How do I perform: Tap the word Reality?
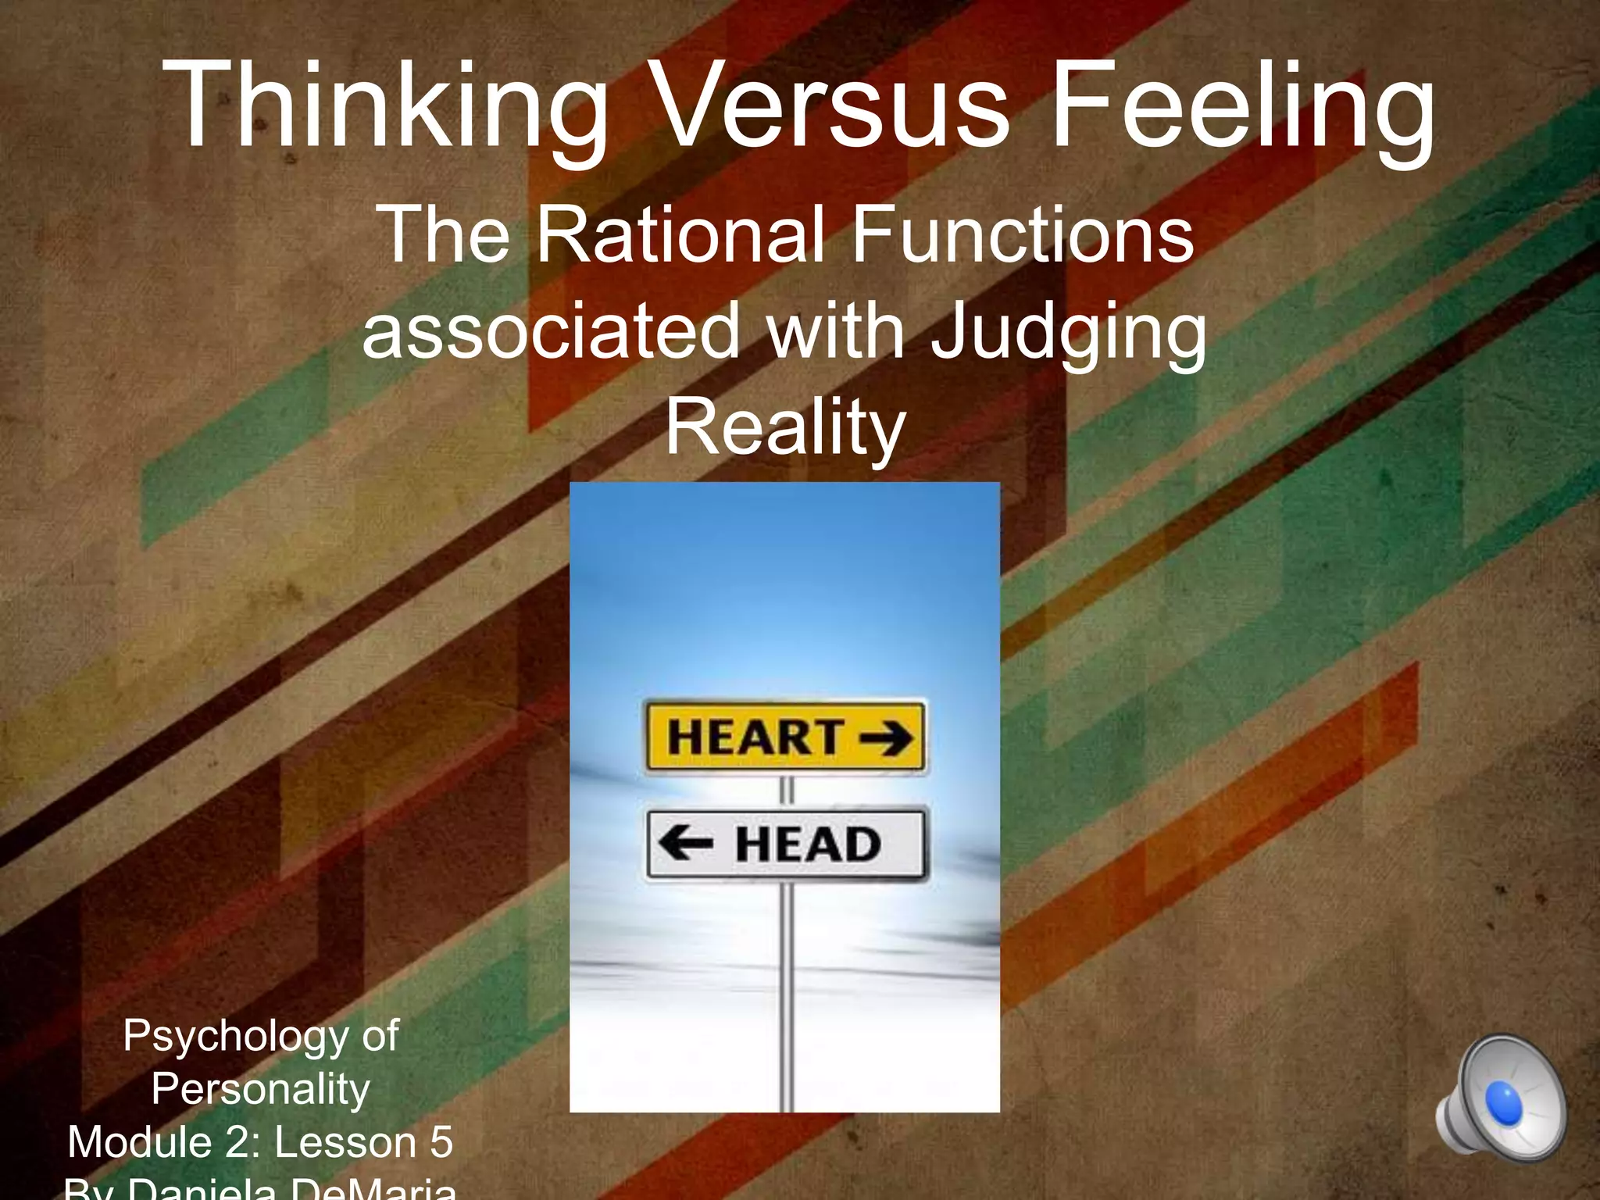tap(785, 428)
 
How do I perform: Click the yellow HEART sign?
tap(785, 737)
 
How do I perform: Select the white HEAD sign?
tap(785, 844)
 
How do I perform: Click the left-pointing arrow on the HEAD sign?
tap(685, 844)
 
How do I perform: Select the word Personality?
tap(260, 1088)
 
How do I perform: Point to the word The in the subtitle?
tap(442, 234)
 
